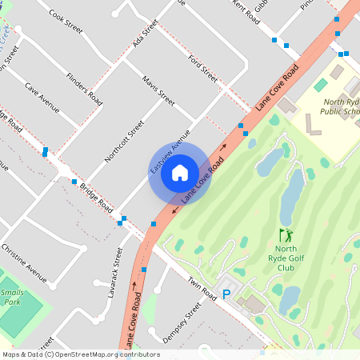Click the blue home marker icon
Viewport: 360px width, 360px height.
click(180, 172)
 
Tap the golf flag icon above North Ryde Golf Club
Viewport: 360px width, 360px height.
click(285, 235)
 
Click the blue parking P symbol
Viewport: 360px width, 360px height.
click(226, 294)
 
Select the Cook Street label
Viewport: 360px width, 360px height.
click(66, 21)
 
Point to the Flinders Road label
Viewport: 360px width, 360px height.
click(85, 89)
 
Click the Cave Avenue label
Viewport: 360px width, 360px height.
click(42, 97)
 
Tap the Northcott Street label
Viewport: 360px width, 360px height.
click(124, 142)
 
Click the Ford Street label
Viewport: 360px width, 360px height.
click(202, 69)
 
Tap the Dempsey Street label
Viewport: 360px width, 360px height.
click(182, 322)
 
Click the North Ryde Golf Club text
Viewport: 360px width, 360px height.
click(286, 258)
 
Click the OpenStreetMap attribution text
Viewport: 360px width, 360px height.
click(80, 354)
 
